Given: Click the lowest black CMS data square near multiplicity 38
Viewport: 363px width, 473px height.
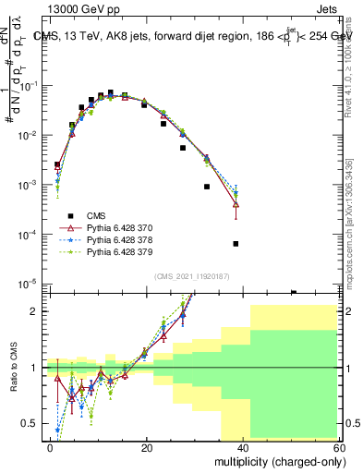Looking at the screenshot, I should (x=236, y=244).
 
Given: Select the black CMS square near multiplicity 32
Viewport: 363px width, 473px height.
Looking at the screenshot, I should (x=207, y=187).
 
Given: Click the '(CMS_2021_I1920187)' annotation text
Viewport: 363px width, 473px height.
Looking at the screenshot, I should (x=192, y=276).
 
